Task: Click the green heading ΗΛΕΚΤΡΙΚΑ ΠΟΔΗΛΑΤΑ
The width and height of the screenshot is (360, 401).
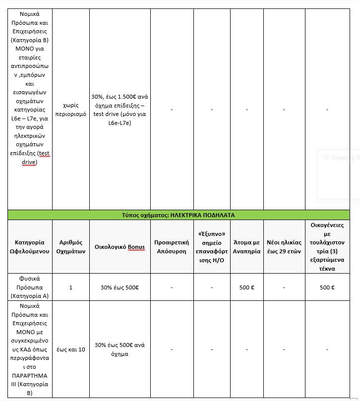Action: click(x=178, y=215)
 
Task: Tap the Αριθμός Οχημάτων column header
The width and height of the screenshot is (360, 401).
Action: click(x=70, y=246)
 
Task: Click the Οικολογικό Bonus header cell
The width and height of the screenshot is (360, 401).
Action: click(x=120, y=246)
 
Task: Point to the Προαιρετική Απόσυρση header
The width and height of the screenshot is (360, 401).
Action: click(x=172, y=246)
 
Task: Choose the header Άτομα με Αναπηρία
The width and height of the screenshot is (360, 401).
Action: click(x=246, y=246)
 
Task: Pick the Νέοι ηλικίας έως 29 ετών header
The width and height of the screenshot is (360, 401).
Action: click(x=283, y=246)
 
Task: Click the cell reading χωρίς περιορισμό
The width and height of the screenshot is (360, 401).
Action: click(x=70, y=110)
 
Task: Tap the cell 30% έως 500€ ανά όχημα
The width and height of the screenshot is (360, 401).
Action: click(x=120, y=349)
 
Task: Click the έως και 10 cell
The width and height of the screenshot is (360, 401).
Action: click(x=70, y=349)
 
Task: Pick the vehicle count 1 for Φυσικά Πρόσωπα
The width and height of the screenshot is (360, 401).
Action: click(x=70, y=287)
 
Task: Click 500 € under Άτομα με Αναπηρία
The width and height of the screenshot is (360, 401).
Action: click(x=246, y=287)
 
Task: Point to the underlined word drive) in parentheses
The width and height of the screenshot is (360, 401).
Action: click(x=30, y=162)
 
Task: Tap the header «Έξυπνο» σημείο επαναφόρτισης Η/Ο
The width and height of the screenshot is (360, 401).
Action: click(x=212, y=246)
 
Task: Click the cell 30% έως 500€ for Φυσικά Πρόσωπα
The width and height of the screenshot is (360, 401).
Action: click(x=120, y=287)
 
